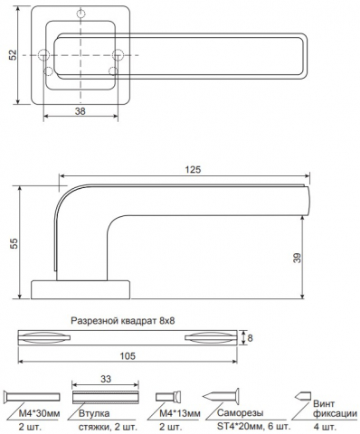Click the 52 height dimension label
click(x=13, y=55)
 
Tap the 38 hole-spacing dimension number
click(x=81, y=111)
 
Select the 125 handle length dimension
click(x=193, y=170)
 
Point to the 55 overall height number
click(x=14, y=243)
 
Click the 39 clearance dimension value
click(x=298, y=258)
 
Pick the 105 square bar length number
click(x=128, y=356)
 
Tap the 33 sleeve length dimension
click(x=106, y=379)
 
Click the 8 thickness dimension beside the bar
click(x=250, y=338)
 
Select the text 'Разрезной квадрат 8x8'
click(x=123, y=321)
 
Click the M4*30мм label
click(x=39, y=413)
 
